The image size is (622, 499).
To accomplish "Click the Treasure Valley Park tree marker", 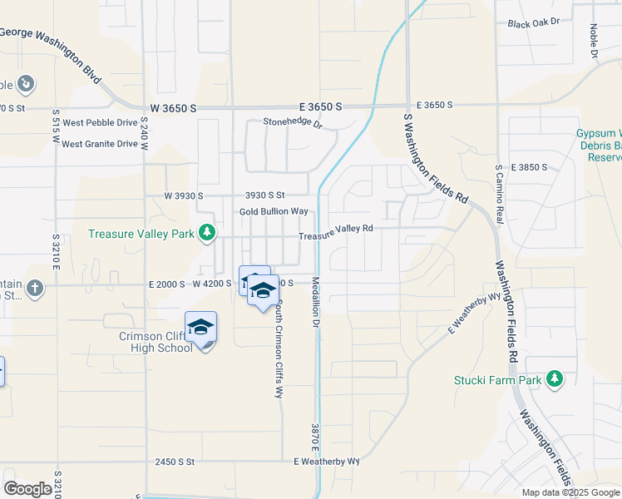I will pyautogui.click(x=207, y=234).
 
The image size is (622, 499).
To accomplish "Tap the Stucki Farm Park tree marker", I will pyautogui.click(x=554, y=380).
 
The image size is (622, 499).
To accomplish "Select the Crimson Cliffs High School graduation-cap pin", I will pyautogui.click(x=200, y=327).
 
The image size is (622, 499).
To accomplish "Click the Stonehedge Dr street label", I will pyautogui.click(x=292, y=123).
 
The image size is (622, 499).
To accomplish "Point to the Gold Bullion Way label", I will pyautogui.click(x=274, y=212).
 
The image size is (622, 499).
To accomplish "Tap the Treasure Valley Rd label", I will pyautogui.click(x=335, y=232).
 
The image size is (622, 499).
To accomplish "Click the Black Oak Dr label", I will pyautogui.click(x=534, y=23).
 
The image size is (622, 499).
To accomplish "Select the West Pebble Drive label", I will pyautogui.click(x=100, y=122).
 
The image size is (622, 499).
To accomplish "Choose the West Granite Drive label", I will pyautogui.click(x=100, y=144).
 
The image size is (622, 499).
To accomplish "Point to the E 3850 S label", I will pyautogui.click(x=530, y=167).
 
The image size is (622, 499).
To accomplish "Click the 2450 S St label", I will pyautogui.click(x=174, y=461).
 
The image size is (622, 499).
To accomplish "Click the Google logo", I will pyautogui.click(x=27, y=489).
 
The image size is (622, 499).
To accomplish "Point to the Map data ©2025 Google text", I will pyautogui.click(x=570, y=492).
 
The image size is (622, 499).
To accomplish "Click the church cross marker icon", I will pyautogui.click(x=33, y=288).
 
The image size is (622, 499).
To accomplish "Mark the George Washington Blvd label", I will pyautogui.click(x=50, y=46).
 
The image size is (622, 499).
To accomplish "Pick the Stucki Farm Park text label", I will pyautogui.click(x=496, y=380).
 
